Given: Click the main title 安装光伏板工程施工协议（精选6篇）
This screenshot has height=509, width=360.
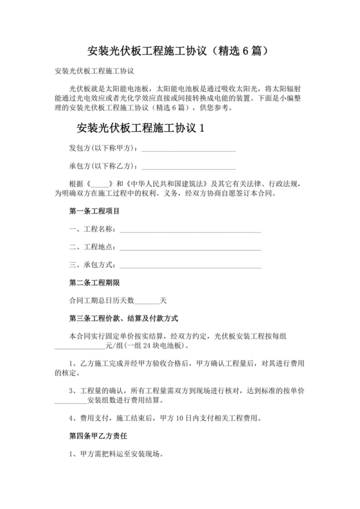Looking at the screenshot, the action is [x=180, y=50].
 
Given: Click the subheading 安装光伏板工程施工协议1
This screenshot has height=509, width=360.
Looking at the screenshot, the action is [x=139, y=128].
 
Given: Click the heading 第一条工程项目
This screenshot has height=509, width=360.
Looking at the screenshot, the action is [x=94, y=211].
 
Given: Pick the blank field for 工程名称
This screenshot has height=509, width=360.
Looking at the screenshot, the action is [x=190, y=229].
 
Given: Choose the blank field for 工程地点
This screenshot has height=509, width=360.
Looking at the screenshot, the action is [x=190, y=247].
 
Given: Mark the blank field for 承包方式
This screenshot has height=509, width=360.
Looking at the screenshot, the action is [x=190, y=265].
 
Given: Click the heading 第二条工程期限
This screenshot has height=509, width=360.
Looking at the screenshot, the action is [x=94, y=283].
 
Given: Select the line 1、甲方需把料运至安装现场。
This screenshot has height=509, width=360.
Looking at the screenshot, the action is [x=116, y=454].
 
